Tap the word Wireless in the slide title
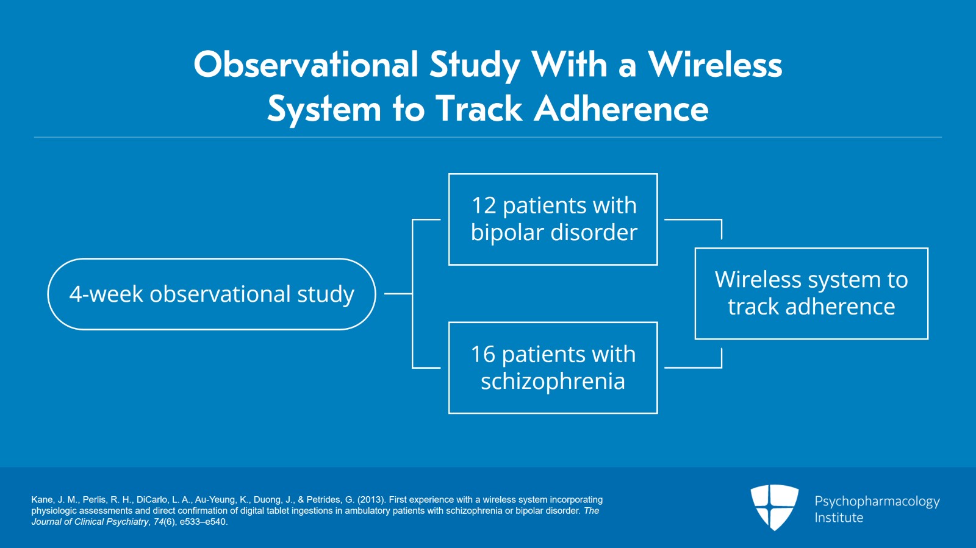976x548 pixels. coord(715,65)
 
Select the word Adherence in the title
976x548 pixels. coord(622,110)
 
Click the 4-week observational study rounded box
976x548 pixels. coord(212,294)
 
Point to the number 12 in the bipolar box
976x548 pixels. coord(484,205)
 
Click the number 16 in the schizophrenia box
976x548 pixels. coord(483,354)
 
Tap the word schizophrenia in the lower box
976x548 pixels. coord(553,382)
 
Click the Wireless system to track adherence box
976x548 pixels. coord(811,293)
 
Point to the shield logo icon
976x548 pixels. coord(774,506)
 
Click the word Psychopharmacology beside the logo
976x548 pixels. coord(877,501)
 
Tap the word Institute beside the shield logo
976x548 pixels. coord(839,518)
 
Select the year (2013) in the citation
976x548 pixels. coord(371,500)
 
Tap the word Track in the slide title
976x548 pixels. coord(479,110)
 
